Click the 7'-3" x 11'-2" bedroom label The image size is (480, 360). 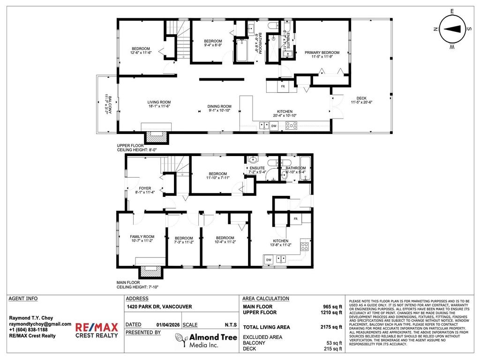pos(184,240)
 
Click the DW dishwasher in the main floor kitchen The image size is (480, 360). pos(269,259)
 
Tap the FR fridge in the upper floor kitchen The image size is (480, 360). pos(283,87)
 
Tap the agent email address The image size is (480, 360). pos(40,324)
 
